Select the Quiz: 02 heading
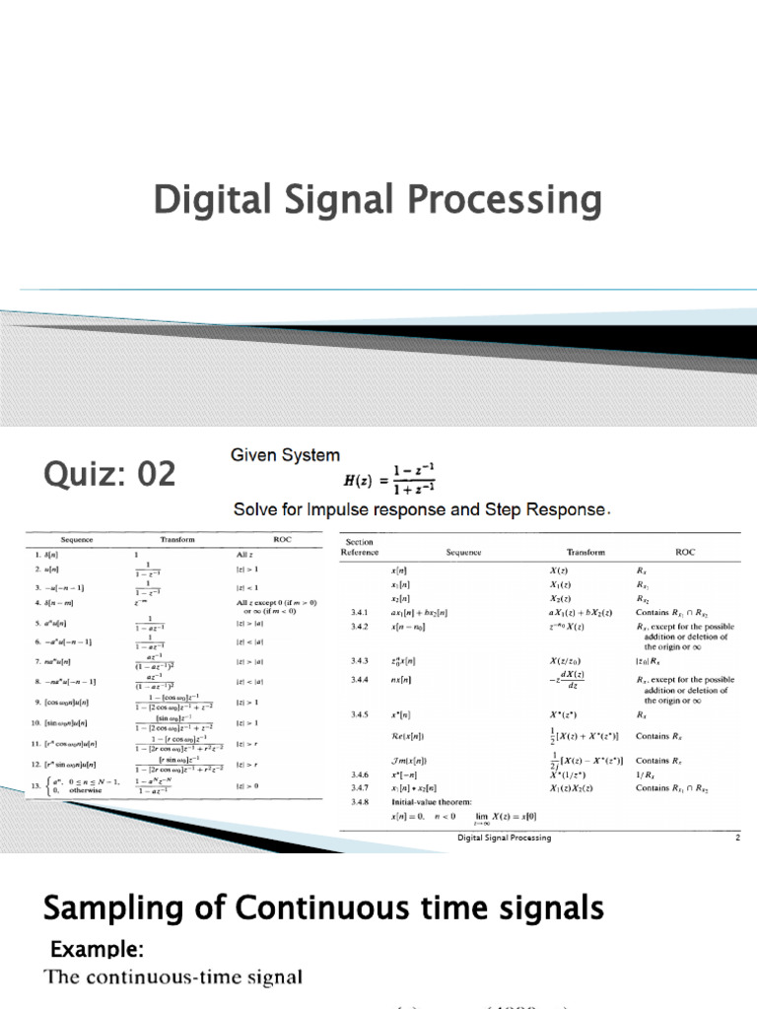click(x=109, y=475)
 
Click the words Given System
click(x=285, y=455)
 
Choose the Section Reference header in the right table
click(x=359, y=547)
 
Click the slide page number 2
click(x=737, y=839)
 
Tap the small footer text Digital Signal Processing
click(x=503, y=839)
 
